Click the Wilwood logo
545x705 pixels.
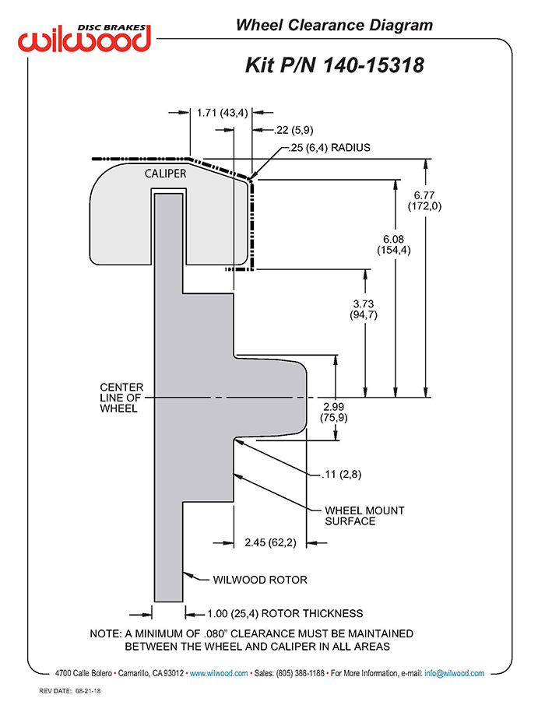pyautogui.click(x=84, y=38)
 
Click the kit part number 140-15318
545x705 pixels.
pyautogui.click(x=374, y=65)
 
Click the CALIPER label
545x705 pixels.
pyautogui.click(x=165, y=174)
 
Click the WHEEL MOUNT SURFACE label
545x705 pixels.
pyautogui.click(x=364, y=516)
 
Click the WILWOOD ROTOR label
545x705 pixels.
pyautogui.click(x=260, y=580)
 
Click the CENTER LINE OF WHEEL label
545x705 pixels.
pyautogui.click(x=121, y=398)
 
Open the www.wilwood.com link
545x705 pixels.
pyautogui.click(x=219, y=674)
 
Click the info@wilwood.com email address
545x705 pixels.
pyautogui.click(x=454, y=674)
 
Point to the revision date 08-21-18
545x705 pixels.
pyautogui.click(x=88, y=691)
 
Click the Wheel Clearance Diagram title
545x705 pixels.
pyautogui.click(x=334, y=25)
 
